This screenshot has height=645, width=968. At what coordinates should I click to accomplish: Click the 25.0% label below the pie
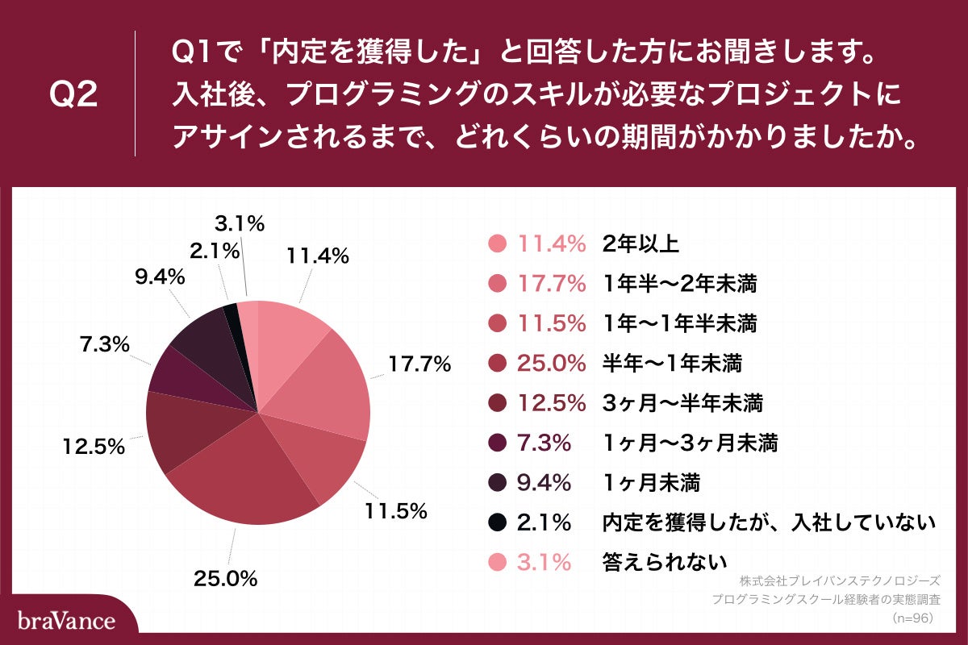(225, 578)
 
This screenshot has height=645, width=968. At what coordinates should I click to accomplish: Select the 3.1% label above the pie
(240, 223)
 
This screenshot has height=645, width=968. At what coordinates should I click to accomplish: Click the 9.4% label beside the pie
(159, 277)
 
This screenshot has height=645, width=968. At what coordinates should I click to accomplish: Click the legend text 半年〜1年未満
(672, 364)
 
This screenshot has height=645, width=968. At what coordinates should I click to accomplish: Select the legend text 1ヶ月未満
(651, 483)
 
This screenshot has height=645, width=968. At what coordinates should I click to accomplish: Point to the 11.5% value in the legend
(551, 323)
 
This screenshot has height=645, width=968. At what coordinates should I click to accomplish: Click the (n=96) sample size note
(912, 618)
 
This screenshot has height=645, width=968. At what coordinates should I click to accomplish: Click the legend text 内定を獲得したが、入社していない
(769, 522)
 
